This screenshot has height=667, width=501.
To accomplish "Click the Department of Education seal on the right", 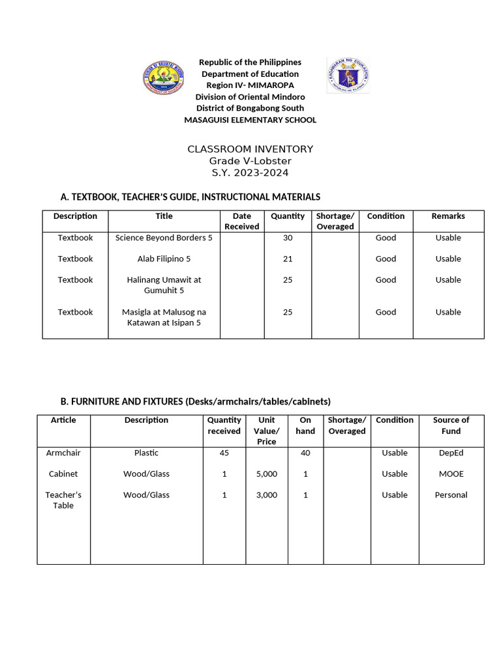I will point(348,76).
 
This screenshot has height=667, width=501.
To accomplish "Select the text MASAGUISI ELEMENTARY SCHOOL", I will point(250,120).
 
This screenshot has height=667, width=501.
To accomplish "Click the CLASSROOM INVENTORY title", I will point(250,149).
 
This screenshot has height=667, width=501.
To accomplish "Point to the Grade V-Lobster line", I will point(250,161).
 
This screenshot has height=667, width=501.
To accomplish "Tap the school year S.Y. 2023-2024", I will point(250,173).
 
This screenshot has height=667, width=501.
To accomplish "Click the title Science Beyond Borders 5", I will point(164,238).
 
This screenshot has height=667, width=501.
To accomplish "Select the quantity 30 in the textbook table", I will point(288,238).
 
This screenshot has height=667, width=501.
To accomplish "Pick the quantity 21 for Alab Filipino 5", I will point(288,259).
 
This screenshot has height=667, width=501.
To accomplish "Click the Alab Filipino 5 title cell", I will point(164,259).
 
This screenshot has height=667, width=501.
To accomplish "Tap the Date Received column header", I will point(241,221).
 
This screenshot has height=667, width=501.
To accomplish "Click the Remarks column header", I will point(448,216).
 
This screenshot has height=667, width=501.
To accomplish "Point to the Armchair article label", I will point(63,453).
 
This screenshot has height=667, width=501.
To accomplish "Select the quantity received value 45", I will point(224,453).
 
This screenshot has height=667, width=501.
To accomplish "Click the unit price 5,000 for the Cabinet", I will point(267,474).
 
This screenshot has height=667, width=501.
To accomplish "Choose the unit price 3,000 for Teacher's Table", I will point(267,494).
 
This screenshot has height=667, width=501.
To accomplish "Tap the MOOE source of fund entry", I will point(451,474).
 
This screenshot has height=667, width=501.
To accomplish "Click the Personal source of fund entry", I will point(451,494).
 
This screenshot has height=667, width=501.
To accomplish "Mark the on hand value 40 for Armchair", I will point(305,453).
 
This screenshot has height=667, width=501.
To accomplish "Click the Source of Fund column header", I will point(451,425).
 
